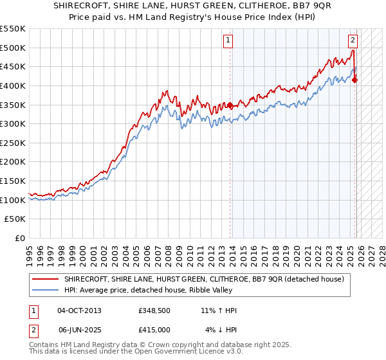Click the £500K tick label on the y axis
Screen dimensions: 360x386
pyautogui.click(x=13, y=48)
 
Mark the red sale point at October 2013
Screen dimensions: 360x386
pyautogui.click(x=230, y=105)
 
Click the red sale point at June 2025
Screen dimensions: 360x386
pyautogui.click(x=355, y=80)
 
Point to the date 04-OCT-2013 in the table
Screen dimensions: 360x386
pyautogui.click(x=79, y=310)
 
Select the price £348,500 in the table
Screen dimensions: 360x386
pyautogui.click(x=154, y=310)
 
